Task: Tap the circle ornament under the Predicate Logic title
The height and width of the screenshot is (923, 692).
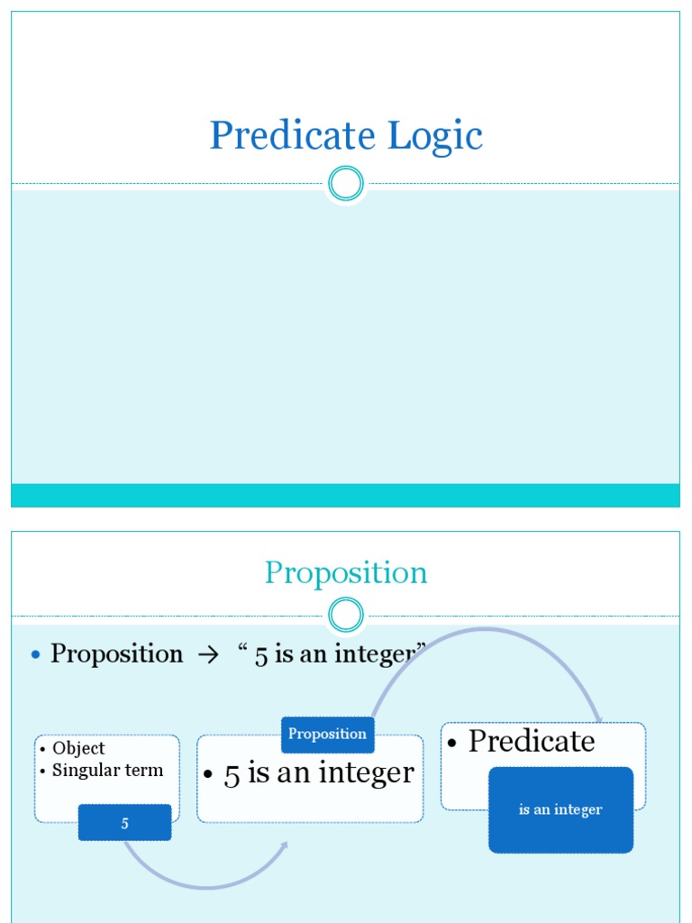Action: [x=346, y=184]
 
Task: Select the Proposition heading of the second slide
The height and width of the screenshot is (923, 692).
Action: [x=346, y=573]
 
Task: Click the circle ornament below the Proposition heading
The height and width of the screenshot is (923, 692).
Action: [x=346, y=617]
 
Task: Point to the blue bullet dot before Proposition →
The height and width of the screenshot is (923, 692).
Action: [x=36, y=654]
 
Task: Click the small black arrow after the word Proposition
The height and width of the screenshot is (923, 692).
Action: [x=207, y=655]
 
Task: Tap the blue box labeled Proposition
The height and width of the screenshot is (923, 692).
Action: [x=327, y=734]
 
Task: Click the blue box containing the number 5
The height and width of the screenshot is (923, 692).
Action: [x=124, y=823]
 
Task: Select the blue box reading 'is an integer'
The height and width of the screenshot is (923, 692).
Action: [x=560, y=809]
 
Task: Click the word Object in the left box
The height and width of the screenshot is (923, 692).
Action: [x=78, y=748]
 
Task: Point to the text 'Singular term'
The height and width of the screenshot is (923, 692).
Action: [x=107, y=770]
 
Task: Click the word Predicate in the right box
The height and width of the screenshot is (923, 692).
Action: [x=532, y=741]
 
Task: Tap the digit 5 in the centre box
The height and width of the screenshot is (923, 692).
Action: [x=232, y=775]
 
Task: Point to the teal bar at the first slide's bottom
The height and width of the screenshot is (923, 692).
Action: [x=346, y=495]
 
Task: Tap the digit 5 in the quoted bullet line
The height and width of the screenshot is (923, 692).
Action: [x=261, y=656]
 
